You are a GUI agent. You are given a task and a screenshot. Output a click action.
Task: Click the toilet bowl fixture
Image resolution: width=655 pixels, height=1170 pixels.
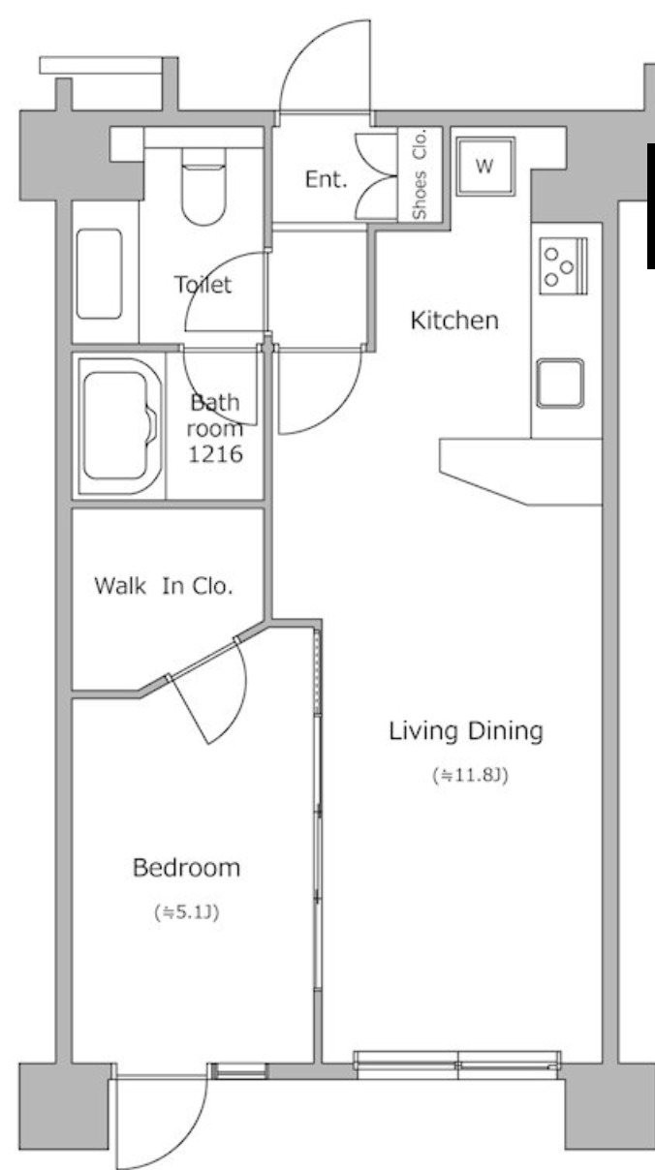(203, 187)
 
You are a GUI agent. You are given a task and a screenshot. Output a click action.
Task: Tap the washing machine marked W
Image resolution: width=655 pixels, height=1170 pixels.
(485, 167)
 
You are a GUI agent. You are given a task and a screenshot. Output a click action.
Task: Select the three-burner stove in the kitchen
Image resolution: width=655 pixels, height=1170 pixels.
(564, 265)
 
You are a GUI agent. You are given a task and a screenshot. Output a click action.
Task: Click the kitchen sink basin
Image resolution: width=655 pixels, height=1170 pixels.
(560, 383)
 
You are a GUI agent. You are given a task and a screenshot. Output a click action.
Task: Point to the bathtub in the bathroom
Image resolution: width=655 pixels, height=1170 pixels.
(119, 426)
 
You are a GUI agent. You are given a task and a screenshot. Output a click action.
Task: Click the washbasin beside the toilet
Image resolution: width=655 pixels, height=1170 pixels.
(99, 274)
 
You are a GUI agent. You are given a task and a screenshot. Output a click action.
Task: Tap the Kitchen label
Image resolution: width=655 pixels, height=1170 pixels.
(454, 321)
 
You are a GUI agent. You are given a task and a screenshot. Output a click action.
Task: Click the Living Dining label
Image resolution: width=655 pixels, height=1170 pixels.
(466, 731)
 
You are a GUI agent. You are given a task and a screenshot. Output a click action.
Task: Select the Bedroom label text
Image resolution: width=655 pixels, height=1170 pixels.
(186, 868)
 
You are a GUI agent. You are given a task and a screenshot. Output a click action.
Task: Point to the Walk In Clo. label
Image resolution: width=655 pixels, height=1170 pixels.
(164, 586)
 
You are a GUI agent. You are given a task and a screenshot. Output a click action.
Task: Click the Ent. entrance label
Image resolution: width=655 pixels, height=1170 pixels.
(326, 180)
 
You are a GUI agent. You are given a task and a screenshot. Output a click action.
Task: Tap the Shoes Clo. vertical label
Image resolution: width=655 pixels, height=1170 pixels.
(420, 173)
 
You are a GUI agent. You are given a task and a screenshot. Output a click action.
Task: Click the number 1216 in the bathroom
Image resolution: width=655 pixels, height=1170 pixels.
(215, 454)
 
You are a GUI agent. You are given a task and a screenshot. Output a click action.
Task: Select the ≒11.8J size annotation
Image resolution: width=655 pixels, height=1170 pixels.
(470, 775)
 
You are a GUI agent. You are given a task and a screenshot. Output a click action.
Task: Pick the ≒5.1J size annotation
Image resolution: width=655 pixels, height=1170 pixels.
(186, 912)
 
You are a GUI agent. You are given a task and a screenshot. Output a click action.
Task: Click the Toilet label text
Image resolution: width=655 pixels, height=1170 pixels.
(203, 285)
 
